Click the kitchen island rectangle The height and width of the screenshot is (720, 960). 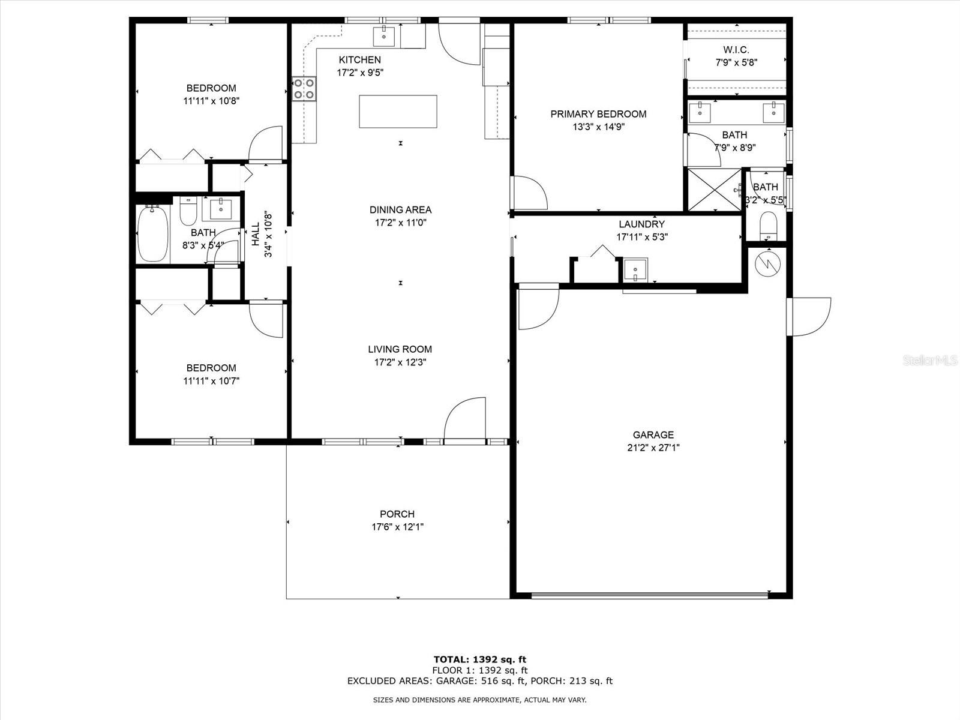coord(398,112)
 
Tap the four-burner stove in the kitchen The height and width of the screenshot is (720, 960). coord(304,89)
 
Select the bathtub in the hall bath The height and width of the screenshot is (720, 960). coord(152,233)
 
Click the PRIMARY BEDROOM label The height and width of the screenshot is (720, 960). coord(598,114)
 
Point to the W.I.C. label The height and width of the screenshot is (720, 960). coord(736,50)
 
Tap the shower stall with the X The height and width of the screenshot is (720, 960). coord(714,189)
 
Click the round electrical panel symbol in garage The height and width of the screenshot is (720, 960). coord(767,263)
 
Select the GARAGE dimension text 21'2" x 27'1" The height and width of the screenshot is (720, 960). coord(653,448)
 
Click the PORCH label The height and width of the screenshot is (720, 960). coord(397,514)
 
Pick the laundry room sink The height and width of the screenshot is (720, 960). coord(635,270)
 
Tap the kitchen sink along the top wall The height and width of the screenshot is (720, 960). coord(384,36)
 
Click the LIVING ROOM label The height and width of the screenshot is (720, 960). coord(400,349)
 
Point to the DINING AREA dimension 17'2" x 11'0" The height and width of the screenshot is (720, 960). coord(400,223)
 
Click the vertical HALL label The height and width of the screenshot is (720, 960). coord(256,234)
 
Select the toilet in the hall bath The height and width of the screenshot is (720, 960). coord(188,211)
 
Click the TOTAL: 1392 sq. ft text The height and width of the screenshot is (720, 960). coord(480,659)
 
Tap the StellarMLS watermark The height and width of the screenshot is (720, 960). coord(930,360)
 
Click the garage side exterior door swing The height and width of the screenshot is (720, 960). coord(809,317)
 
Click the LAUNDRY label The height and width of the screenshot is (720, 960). coord(641,224)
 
